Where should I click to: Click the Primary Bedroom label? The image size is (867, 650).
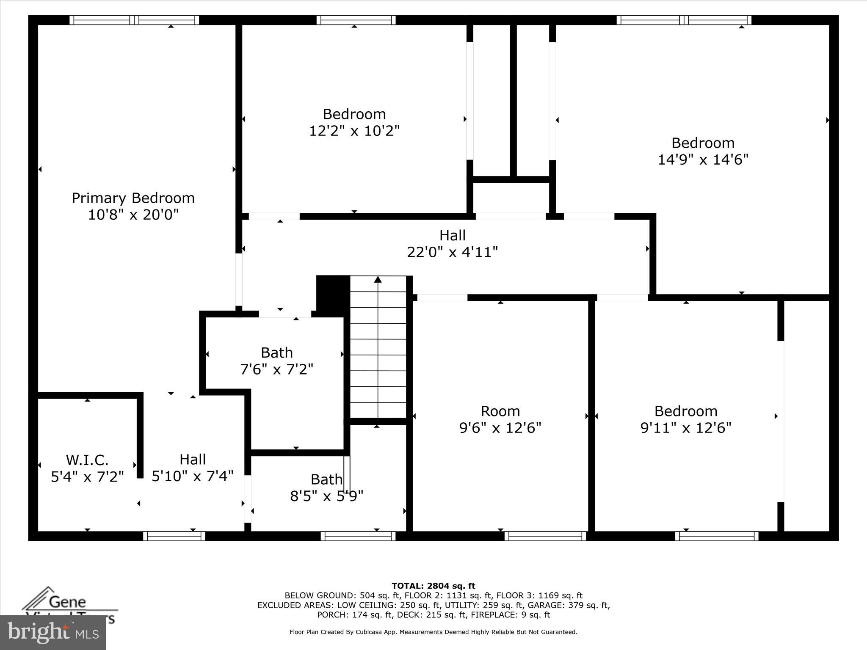pyautogui.click(x=133, y=198)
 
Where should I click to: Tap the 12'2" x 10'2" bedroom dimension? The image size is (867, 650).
pyautogui.click(x=354, y=131)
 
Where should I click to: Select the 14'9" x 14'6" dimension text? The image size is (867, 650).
pyautogui.click(x=703, y=160)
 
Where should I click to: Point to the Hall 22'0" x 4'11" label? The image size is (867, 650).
pyautogui.click(x=452, y=244)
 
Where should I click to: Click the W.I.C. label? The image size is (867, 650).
pyautogui.click(x=87, y=460)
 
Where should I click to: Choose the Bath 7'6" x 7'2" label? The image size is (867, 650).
pyautogui.click(x=277, y=361)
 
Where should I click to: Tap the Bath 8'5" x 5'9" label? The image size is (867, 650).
pyautogui.click(x=326, y=487)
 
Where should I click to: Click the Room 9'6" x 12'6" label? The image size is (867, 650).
pyautogui.click(x=500, y=419)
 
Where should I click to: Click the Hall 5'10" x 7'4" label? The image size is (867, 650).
pyautogui.click(x=193, y=468)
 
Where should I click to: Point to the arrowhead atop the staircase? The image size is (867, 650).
pyautogui.click(x=378, y=279)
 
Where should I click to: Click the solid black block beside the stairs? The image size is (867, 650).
pyautogui.click(x=333, y=295)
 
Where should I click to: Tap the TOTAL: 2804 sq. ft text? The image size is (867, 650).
pyautogui.click(x=433, y=586)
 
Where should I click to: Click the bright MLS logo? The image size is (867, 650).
pyautogui.click(x=53, y=633)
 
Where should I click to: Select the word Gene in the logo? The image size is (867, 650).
pyautogui.click(x=67, y=602)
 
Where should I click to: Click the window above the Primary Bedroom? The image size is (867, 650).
pyautogui.click(x=134, y=20)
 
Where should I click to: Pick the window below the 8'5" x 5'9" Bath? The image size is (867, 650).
pyautogui.click(x=358, y=536)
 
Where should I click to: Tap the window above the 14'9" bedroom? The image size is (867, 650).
pyautogui.click(x=684, y=20)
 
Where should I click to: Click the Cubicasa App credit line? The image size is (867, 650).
pyautogui.click(x=433, y=632)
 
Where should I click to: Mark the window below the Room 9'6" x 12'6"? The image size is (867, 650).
pyautogui.click(x=545, y=536)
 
